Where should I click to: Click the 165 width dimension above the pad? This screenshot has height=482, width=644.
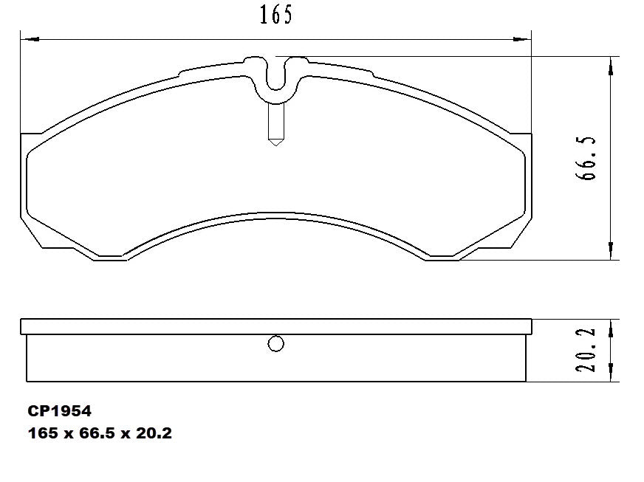275,15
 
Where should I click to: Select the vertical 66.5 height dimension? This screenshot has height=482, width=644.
589,159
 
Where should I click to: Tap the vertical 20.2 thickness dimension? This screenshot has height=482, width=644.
589,350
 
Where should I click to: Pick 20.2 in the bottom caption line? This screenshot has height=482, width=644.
151,433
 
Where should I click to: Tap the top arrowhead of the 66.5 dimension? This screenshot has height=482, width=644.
610,66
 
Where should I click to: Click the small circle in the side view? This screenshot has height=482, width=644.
275,344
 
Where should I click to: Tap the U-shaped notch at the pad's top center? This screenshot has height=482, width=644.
275,78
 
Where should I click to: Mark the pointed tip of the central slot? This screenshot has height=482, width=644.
275,142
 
